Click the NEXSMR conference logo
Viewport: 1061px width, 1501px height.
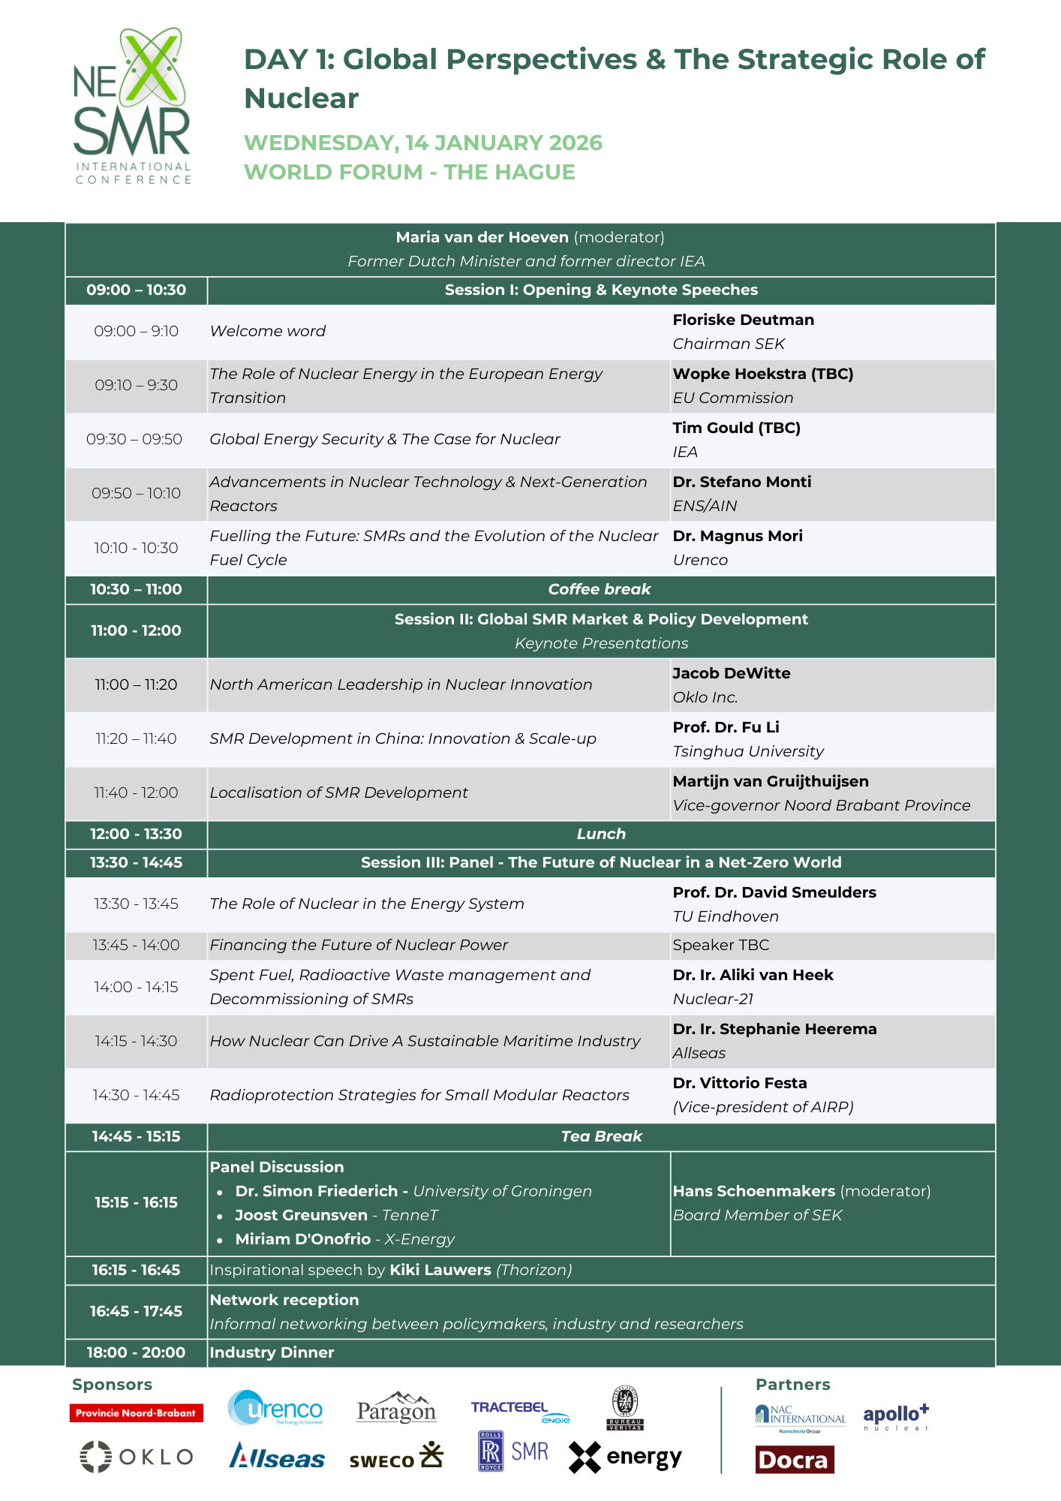133,105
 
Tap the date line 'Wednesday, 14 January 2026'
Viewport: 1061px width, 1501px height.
422,143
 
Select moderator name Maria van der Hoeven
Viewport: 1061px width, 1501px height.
482,237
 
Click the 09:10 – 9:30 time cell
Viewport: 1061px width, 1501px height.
136,385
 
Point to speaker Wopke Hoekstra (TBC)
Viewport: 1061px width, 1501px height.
762,374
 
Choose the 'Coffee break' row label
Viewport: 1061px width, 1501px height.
599,589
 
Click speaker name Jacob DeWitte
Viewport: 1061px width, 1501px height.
731,673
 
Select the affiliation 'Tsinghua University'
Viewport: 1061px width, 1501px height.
747,751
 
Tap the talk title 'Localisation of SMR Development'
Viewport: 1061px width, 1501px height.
338,793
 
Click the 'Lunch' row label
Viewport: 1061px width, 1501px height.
600,834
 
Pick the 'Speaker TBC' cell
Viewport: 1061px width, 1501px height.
720,945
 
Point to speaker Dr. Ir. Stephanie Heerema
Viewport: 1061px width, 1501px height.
774,1029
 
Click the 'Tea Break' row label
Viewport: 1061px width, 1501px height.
601,1136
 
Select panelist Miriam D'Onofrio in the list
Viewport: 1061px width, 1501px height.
302,1239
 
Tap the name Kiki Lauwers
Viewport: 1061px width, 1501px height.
440,1270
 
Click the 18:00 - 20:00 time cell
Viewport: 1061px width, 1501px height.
136,1352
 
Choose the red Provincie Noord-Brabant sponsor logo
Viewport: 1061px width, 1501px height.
136,1413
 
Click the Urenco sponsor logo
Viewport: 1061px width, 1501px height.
275,1408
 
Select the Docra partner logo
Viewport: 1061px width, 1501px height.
794,1460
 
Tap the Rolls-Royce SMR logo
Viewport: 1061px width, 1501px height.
513,1451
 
